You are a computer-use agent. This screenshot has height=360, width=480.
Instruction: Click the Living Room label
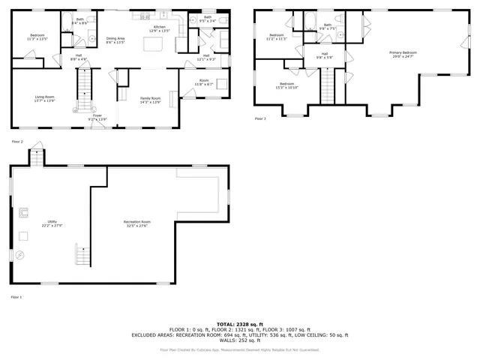(45, 97)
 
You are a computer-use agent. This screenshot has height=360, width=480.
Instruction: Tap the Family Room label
(151, 100)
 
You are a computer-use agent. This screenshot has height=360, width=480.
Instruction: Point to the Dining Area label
(115, 40)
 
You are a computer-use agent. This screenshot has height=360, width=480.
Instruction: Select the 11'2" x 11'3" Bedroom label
(277, 37)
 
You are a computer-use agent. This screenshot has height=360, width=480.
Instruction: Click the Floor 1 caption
(16, 298)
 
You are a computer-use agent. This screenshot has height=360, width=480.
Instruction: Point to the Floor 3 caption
(260, 118)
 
